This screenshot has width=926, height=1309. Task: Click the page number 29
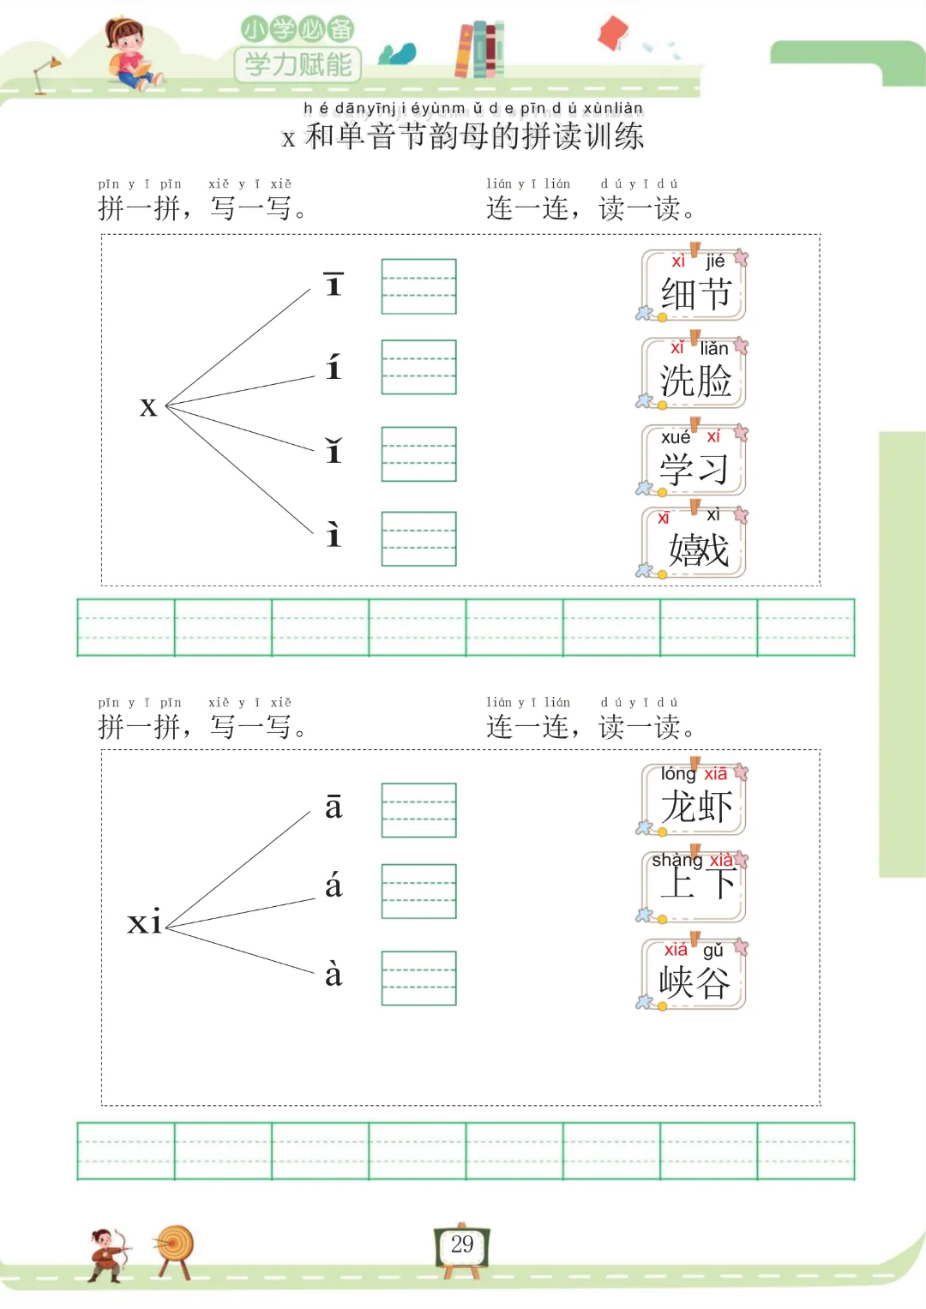click(462, 1245)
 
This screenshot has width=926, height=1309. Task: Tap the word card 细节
click(694, 286)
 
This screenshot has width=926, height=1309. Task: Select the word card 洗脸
click(694, 374)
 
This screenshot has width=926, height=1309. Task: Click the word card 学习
click(694, 461)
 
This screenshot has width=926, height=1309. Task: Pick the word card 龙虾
click(694, 799)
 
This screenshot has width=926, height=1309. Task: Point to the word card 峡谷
click(694, 975)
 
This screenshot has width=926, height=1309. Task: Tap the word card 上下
click(694, 886)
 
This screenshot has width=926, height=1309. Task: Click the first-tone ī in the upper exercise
click(334, 285)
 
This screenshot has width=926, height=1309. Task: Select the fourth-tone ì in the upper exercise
click(334, 536)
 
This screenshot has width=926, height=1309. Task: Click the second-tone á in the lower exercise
click(334, 886)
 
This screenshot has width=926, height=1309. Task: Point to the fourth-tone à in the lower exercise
click(334, 975)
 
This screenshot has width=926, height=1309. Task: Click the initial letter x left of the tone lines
click(148, 407)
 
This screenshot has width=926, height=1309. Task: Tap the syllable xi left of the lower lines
click(144, 922)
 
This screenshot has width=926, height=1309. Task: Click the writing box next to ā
click(418, 810)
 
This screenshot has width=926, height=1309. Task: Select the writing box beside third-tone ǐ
click(418, 453)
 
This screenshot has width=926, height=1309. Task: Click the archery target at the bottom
click(176, 1247)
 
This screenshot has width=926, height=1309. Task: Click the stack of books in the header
click(479, 50)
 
